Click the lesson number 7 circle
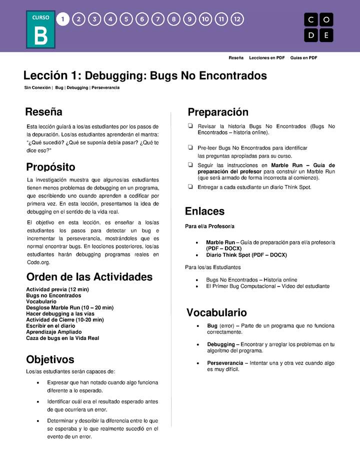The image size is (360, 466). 158,19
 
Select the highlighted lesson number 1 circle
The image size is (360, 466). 62,19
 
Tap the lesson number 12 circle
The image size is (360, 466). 237,19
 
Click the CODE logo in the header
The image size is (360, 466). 318,27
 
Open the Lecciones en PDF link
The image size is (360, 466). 266,58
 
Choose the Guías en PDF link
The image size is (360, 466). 303,58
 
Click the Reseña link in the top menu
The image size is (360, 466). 236,58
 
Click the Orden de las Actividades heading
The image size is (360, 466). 89,277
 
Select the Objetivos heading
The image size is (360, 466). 50,359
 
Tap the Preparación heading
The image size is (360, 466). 218,112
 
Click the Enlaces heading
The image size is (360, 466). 204,211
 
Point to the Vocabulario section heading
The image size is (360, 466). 216,313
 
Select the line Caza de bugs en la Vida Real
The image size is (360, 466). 62,338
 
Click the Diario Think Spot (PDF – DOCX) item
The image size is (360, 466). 246,255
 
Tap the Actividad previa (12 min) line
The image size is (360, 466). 57,289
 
